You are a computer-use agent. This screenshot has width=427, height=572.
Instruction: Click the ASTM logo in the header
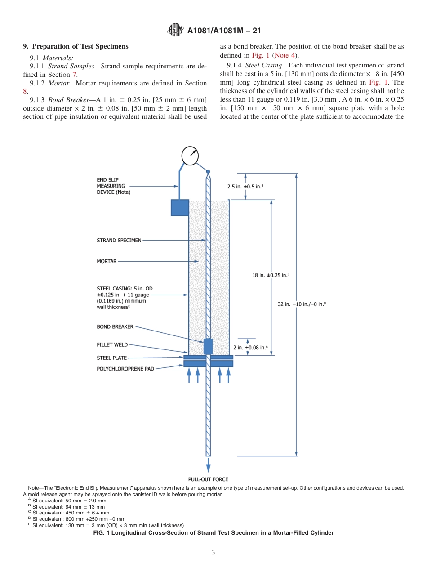(175, 30)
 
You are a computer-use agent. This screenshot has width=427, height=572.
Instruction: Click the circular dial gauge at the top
(190, 156)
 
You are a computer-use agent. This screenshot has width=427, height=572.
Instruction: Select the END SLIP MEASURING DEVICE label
(114, 186)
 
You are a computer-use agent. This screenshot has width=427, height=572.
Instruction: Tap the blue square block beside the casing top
(180, 208)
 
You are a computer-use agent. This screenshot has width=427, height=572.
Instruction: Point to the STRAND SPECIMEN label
(119, 240)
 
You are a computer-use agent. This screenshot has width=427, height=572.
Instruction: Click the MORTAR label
(107, 261)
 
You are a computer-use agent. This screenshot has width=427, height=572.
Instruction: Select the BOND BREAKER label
(115, 327)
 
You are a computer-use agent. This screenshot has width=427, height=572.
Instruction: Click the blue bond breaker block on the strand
(208, 346)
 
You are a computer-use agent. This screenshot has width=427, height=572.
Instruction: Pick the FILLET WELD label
(112, 345)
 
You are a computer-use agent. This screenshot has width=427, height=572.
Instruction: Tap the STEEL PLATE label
(112, 358)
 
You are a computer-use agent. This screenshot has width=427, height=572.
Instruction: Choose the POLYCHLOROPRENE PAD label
(125, 369)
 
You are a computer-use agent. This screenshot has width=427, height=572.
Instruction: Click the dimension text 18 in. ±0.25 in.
(270, 275)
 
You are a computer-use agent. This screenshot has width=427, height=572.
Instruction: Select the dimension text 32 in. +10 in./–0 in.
(302, 304)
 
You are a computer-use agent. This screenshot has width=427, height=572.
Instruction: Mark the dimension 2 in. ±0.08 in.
(250, 347)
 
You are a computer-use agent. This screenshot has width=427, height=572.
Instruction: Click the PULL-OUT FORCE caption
(208, 479)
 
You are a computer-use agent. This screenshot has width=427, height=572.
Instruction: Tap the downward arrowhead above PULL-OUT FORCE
(208, 468)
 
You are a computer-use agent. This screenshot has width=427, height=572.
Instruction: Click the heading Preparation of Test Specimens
(76, 46)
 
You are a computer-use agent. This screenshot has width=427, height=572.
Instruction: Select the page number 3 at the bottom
(213, 553)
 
